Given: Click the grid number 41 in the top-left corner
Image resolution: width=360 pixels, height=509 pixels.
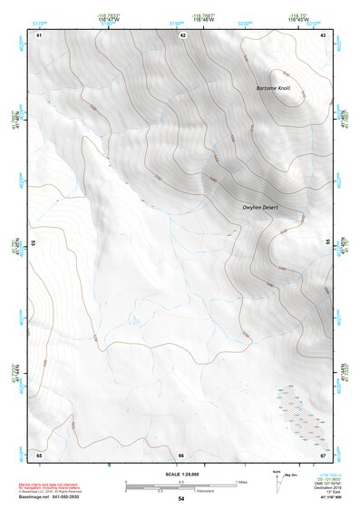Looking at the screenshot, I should coord(39,34).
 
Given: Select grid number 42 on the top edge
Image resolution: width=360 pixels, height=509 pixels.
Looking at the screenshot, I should coord(182,34).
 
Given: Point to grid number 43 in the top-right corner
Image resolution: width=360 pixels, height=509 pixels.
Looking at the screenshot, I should coord(324,34).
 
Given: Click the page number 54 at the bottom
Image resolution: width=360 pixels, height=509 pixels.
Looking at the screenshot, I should coord(181,499).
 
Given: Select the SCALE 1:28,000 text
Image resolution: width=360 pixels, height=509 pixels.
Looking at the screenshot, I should coord(181,475).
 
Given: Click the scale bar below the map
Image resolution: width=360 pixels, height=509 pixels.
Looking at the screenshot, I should coord(181,485).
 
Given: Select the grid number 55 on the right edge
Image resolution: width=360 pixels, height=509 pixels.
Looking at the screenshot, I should coord(327,243).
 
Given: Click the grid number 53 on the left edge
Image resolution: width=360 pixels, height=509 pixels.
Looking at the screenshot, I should coord(34,243).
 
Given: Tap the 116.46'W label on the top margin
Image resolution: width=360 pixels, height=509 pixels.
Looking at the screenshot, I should coord(182,18).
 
